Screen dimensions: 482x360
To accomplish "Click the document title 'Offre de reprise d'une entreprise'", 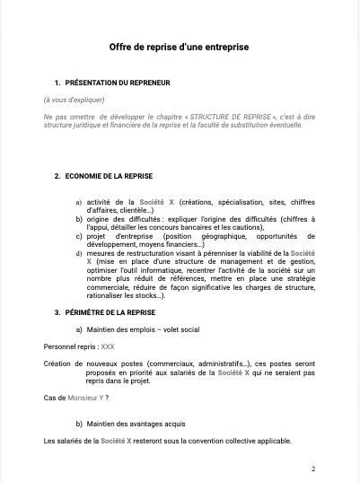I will tap(179, 46).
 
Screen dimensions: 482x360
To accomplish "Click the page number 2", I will tap(312, 468).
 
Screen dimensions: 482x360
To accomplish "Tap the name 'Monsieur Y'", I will tap(84, 398).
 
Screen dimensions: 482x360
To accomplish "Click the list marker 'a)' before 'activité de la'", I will tap(79, 203).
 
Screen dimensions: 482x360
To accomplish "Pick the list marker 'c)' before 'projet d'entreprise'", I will tap(79, 236).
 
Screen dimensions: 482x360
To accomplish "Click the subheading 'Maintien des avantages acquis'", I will tap(134, 424).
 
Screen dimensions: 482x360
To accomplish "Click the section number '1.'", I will tap(57, 83).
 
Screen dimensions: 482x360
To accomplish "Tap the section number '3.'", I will tap(57, 312).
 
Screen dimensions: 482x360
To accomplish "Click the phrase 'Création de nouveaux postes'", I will tap(91, 364).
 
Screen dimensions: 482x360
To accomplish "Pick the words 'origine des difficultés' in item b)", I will tap(122, 219).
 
